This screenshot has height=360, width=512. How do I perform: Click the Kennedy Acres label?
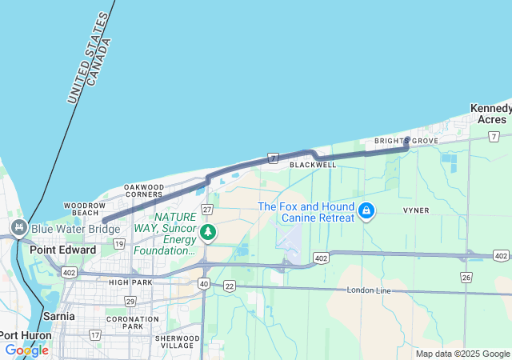click(x=490, y=114)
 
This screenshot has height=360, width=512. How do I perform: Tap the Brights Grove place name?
click(x=406, y=142)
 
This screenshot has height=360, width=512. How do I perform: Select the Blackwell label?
click(x=313, y=165)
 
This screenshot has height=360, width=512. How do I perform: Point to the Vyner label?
click(x=416, y=210)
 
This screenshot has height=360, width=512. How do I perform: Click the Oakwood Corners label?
click(x=144, y=191)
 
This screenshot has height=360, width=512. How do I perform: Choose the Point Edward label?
click(x=62, y=250)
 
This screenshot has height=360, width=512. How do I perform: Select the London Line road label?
click(x=369, y=290)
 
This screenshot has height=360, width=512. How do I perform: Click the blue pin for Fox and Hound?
click(x=366, y=211)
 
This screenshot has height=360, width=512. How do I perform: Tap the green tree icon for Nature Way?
click(x=208, y=233)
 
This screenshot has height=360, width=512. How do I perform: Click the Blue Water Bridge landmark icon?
click(x=18, y=229)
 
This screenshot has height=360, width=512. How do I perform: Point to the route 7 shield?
click(x=273, y=158)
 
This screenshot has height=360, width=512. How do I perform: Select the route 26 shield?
click(x=466, y=277)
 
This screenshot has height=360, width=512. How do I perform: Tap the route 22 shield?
click(x=229, y=286)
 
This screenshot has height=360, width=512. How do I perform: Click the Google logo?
click(x=26, y=350)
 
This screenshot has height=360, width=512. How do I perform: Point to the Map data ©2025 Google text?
click(x=462, y=354)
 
